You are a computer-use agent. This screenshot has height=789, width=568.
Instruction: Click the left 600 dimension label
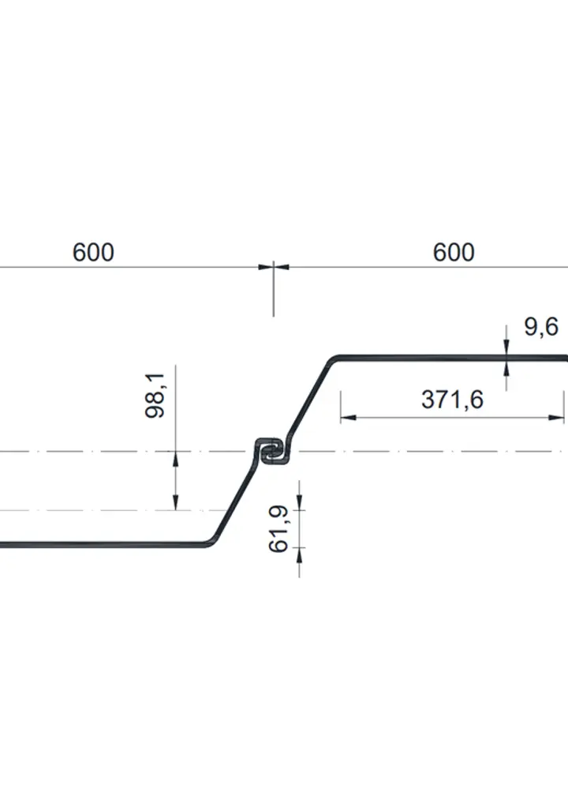(93, 253)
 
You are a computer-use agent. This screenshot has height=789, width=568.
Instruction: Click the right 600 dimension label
(454, 253)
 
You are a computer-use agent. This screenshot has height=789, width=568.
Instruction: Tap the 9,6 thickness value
(541, 326)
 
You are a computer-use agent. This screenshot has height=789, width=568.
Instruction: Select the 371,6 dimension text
(452, 400)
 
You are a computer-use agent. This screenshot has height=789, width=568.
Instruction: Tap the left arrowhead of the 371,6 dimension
(346, 415)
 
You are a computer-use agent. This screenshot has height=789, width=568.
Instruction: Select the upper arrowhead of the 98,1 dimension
(176, 456)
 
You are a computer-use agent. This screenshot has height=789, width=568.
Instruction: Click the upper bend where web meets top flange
(334, 360)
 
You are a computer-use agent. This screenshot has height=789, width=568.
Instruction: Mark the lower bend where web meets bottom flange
(210, 542)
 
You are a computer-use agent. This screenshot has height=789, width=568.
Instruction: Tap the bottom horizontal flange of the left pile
(103, 544)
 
